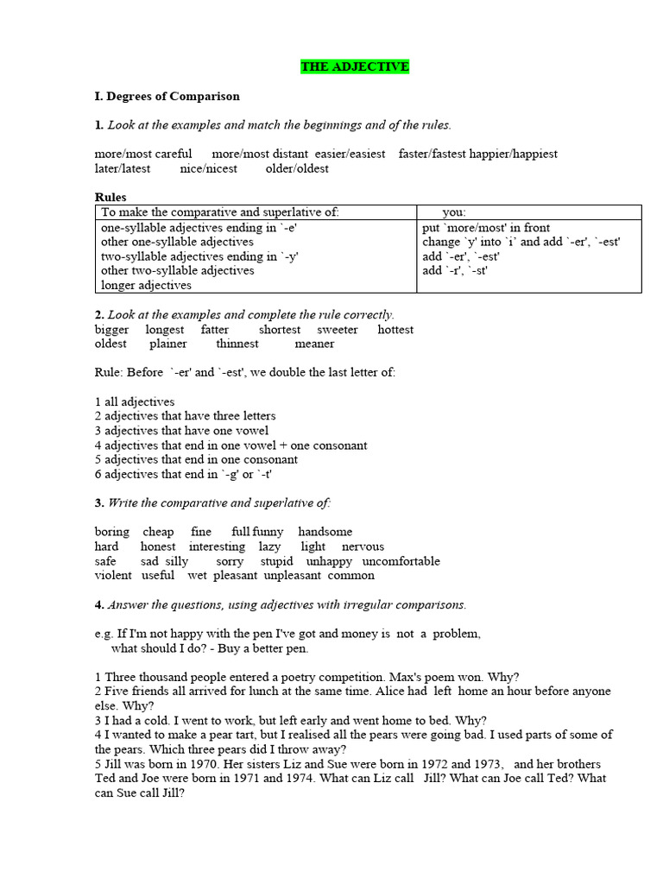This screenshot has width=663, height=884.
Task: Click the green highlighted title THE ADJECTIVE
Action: coord(355,66)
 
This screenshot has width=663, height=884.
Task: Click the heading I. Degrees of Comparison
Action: coord(167,96)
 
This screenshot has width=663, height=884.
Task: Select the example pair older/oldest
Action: coord(297,168)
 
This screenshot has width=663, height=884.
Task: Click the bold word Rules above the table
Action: coord(110,197)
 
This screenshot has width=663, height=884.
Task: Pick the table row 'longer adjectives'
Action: coord(146,285)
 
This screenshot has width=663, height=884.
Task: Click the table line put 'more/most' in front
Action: coord(486,228)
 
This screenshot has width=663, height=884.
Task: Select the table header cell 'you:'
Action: coord(454,212)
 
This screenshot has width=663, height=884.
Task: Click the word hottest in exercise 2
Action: coord(395,330)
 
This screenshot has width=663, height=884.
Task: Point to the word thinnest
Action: coord(237,344)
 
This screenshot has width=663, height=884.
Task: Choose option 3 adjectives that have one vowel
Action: coord(181,431)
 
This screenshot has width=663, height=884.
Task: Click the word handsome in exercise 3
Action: coord(325,532)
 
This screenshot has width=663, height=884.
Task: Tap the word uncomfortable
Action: coord(401,561)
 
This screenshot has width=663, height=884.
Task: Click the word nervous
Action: coord(363,546)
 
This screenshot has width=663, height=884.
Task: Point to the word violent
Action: coord(113,575)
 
